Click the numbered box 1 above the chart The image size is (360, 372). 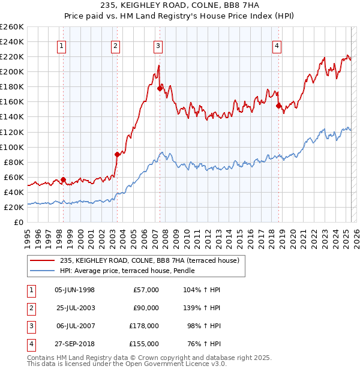point(62,46)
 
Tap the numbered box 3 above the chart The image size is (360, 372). point(158,46)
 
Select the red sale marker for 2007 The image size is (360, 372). point(160,89)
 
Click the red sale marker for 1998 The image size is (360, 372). point(63,179)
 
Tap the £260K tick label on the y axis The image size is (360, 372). point(11,27)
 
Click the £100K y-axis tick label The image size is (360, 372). point(11,147)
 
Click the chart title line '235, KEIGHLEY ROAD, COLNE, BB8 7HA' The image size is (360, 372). point(180,7)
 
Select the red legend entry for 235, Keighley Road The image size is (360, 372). point(149,260)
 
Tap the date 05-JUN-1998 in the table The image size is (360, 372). point(74,290)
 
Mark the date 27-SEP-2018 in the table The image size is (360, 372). point(74,344)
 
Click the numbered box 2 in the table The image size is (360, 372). point(30,308)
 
